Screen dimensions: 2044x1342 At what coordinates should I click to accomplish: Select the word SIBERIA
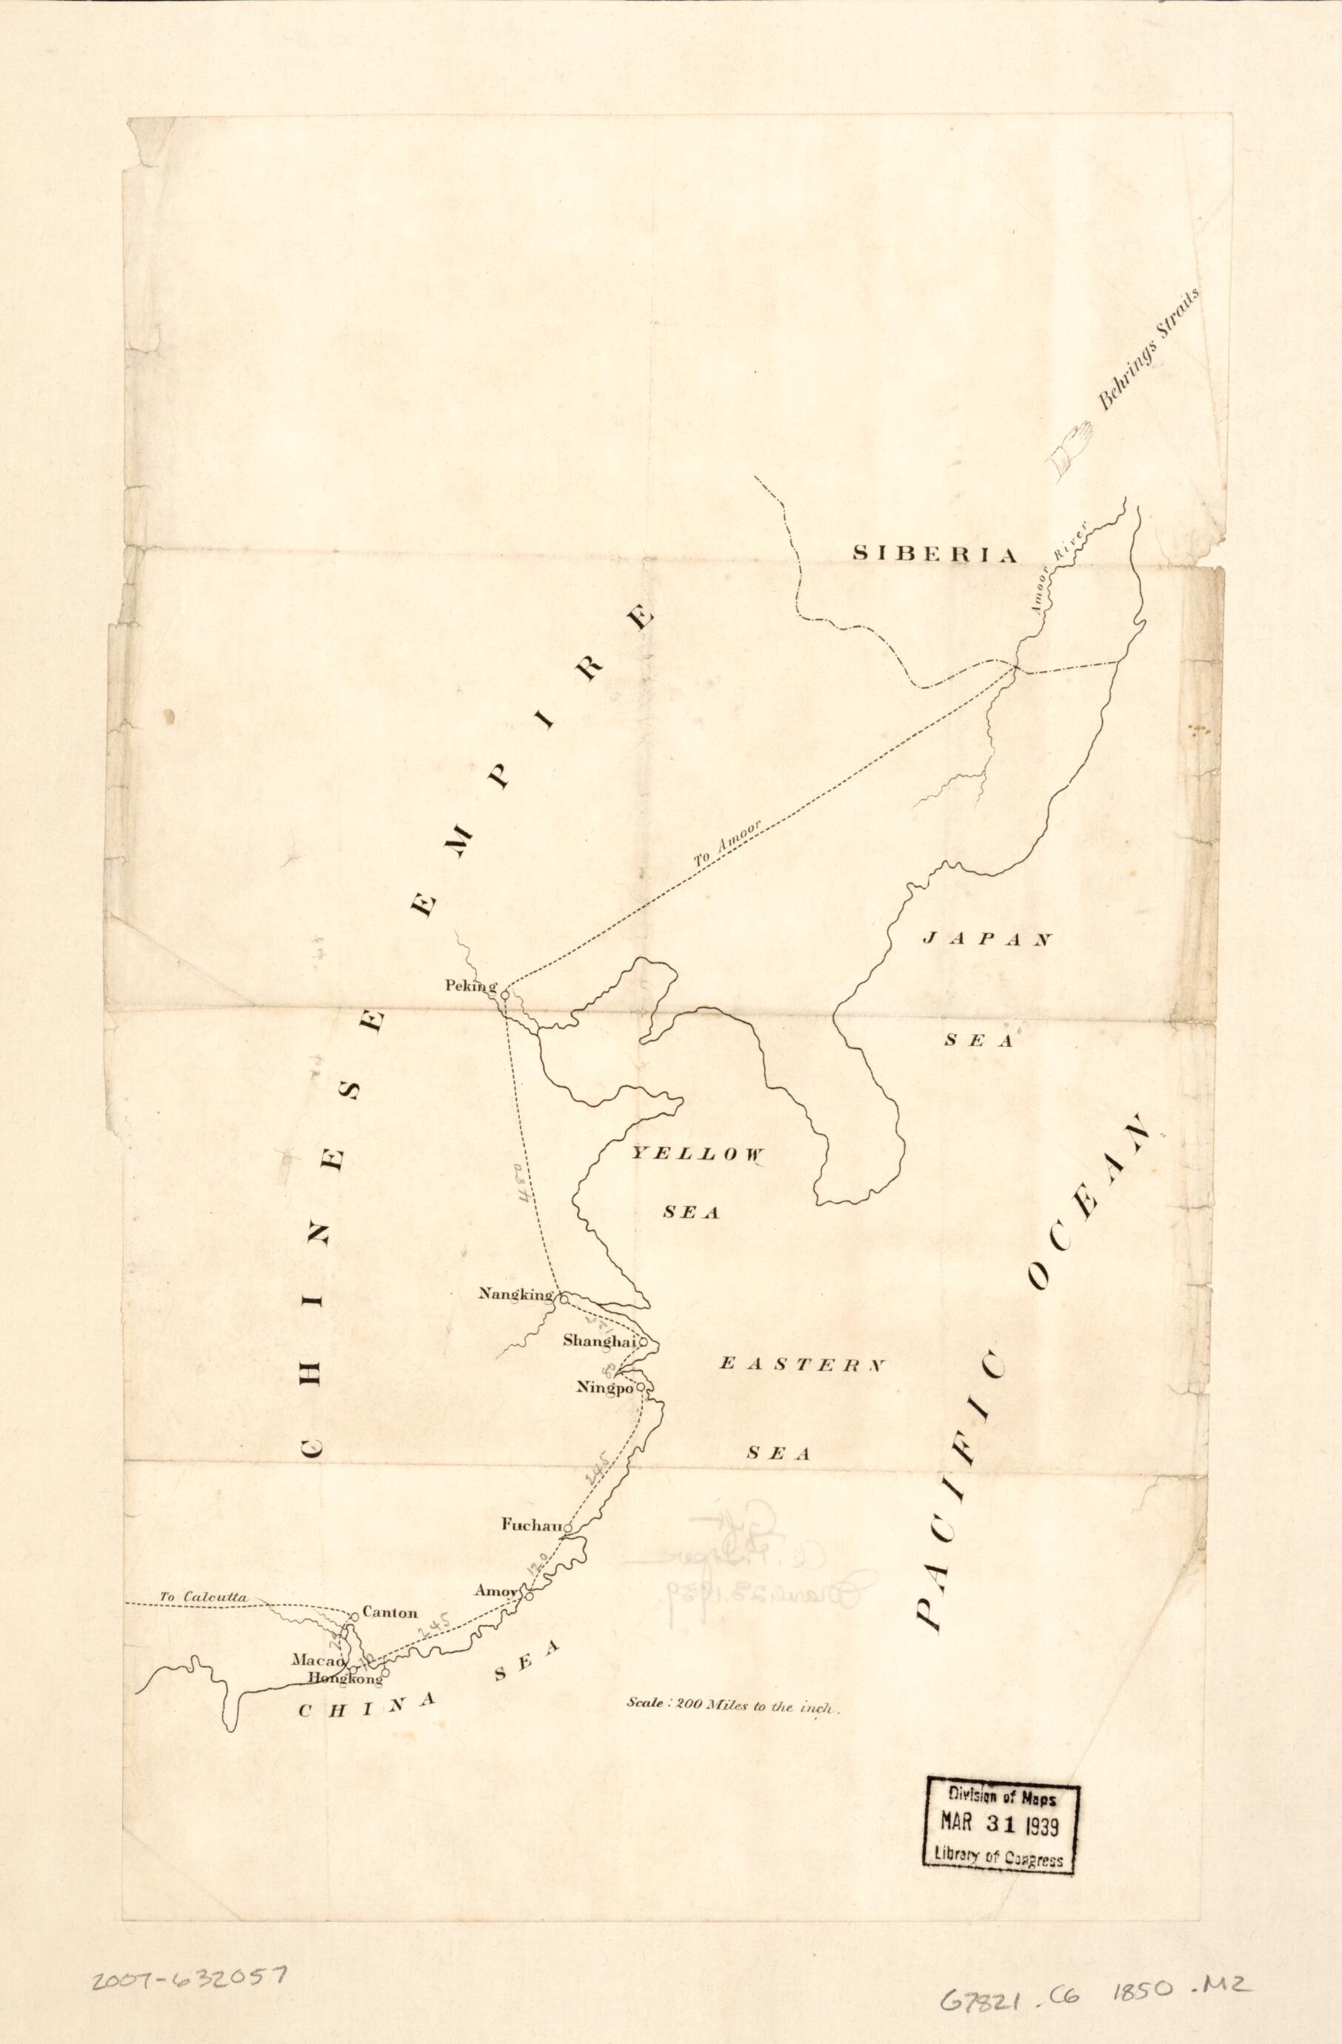(x=934, y=554)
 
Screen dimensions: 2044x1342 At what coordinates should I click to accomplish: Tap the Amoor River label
(x=1062, y=568)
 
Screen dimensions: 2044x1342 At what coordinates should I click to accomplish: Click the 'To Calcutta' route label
(x=204, y=1597)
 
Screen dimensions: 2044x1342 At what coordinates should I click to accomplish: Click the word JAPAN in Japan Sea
(x=987, y=940)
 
